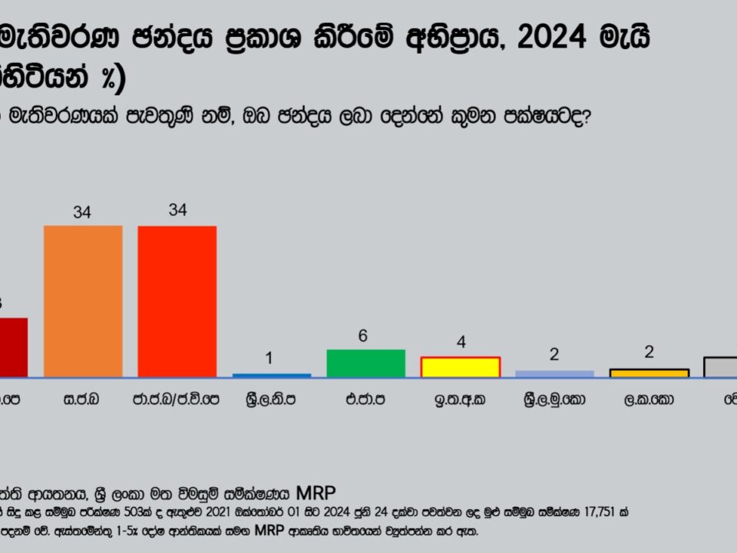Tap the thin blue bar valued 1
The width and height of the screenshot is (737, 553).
pyautogui.click(x=272, y=375)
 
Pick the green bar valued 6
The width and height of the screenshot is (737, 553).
pyautogui.click(x=365, y=363)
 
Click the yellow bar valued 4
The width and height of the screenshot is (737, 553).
pyautogui.click(x=460, y=367)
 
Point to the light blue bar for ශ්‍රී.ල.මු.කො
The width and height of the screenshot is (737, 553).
pyautogui.click(x=554, y=373)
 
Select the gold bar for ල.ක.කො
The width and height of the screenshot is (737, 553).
pyautogui.click(x=649, y=373)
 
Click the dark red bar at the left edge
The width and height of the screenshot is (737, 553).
pyautogui.click(x=13, y=347)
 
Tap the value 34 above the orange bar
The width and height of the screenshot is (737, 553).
pyautogui.click(x=82, y=213)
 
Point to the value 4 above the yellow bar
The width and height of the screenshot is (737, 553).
pyautogui.click(x=461, y=343)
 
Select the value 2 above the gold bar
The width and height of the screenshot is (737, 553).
pyautogui.click(x=649, y=353)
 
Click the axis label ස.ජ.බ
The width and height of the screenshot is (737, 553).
pyautogui.click(x=82, y=400)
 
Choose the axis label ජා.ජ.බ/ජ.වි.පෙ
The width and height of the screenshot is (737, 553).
pyautogui.click(x=177, y=400)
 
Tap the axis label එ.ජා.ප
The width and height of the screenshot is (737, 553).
pyautogui.click(x=365, y=400)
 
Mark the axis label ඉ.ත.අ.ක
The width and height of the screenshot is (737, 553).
pyautogui.click(x=460, y=400)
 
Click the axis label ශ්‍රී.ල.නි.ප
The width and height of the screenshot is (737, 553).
pyautogui.click(x=272, y=400)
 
